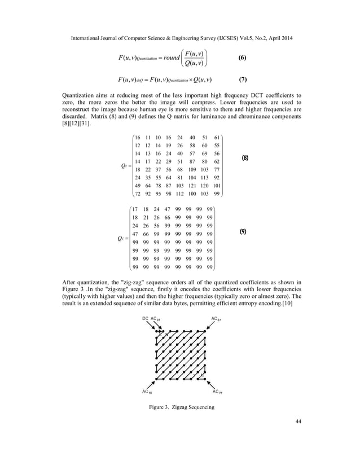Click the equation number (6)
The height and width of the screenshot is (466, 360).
242,58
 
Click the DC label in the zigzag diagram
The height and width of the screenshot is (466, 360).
145,319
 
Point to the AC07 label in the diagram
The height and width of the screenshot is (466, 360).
215,319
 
